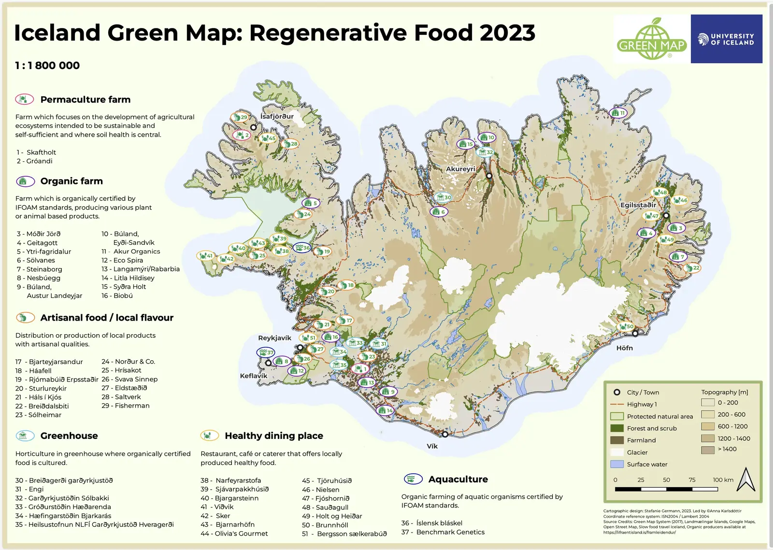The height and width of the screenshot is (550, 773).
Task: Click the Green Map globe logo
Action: click(652, 40)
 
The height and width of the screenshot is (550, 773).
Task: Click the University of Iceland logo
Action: click(726, 39)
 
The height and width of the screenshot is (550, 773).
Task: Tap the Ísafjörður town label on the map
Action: click(277, 116)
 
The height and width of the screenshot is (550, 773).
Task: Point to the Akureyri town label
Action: click(460, 169)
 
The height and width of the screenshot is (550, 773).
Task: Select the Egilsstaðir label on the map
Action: click(638, 205)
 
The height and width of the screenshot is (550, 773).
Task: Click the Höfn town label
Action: click(624, 348)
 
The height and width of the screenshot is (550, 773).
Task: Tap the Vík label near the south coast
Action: click(432, 446)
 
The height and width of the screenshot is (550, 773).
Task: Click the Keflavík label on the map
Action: click(254, 376)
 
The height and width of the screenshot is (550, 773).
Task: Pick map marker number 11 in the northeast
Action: click(618, 113)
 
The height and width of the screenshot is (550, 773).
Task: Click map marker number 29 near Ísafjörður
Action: click(240, 117)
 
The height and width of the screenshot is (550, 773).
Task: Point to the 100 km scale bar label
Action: click(723, 480)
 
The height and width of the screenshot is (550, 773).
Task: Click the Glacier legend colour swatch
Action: click(617, 452)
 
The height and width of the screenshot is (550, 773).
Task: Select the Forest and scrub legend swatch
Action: click(617, 428)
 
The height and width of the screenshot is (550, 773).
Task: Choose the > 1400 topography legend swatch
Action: click(708, 450)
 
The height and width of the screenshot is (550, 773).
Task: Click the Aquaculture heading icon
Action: click(413, 479)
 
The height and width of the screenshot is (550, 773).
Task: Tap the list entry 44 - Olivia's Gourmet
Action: click(234, 534)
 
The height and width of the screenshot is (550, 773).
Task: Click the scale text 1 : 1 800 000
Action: click(47, 66)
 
